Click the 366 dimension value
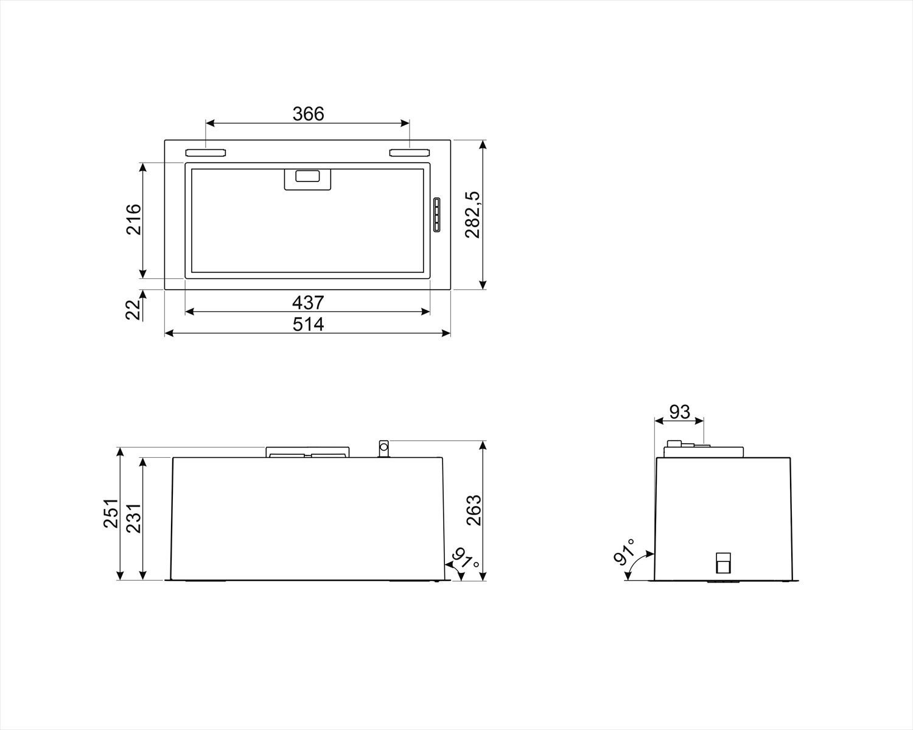pos(308,114)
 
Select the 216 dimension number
pos(134,219)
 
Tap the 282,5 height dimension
pos(473,215)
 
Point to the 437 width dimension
pos(308,302)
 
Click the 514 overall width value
pos(308,324)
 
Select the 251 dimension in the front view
pos(110,513)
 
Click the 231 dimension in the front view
pos(133,518)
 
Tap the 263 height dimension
pos(473,510)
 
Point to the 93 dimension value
pos(679,412)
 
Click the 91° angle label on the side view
pos(624,552)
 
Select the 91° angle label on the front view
pos(465,558)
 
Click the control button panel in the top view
pos(436,215)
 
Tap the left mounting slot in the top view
pos(206,152)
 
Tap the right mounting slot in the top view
pos(410,152)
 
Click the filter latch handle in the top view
pos(308,178)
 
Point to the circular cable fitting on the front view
pos(383,448)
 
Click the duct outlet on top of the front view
pos(307,452)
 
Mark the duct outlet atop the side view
pos(704,451)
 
